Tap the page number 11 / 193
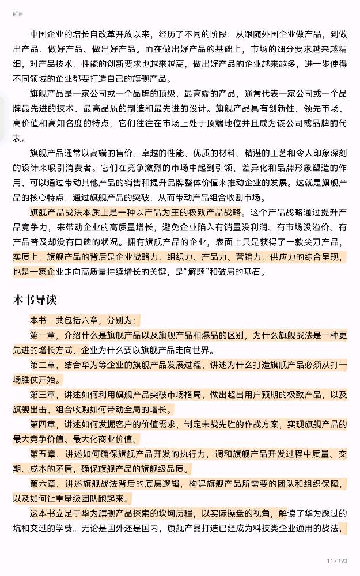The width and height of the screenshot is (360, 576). coord(337,560)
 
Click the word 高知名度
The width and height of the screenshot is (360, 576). coord(77,123)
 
